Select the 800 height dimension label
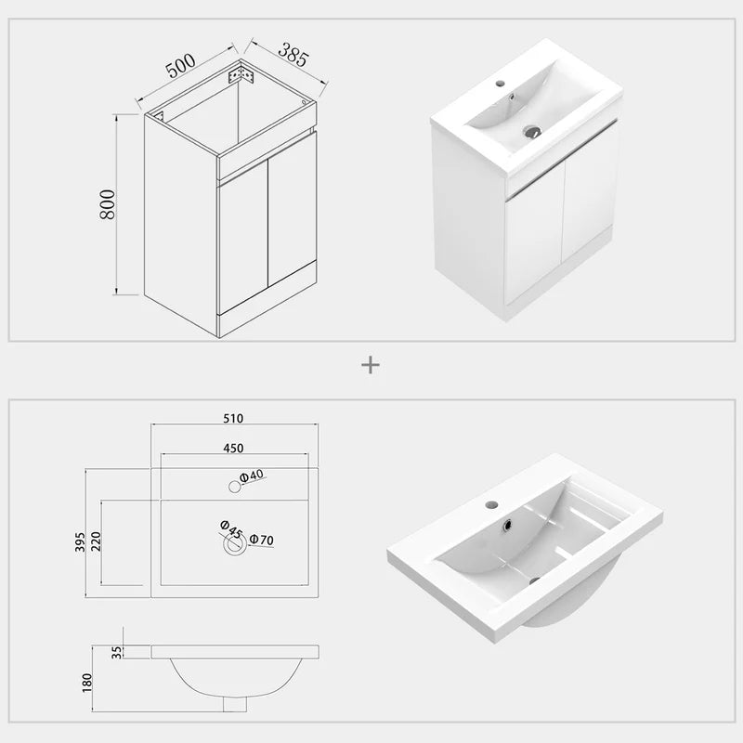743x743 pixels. pos(108,204)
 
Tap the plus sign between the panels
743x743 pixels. pos(371,365)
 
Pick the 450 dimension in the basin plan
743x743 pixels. pos(233,448)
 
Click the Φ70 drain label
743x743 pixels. pos(260,539)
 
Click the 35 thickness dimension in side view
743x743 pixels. pos(117,651)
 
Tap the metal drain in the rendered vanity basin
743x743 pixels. pos(531,132)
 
